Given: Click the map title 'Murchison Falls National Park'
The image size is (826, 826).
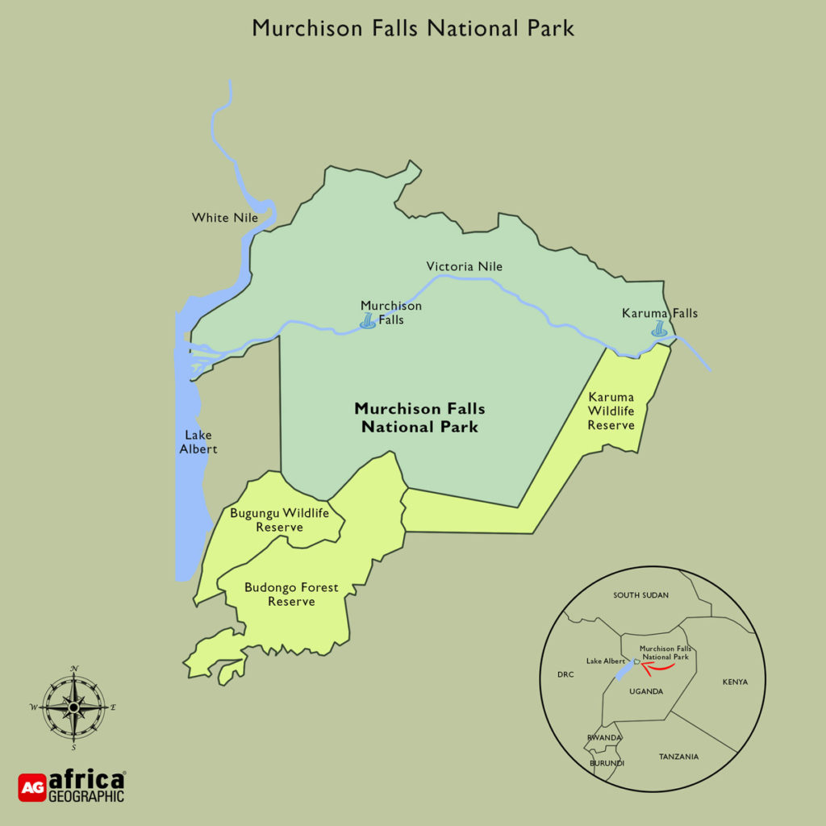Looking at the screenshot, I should tap(413, 27).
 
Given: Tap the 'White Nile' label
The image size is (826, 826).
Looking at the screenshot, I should tap(224, 218).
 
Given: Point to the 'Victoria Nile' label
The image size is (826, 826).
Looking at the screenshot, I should tap(465, 266).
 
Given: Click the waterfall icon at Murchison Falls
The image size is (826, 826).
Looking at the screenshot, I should tap(368, 322).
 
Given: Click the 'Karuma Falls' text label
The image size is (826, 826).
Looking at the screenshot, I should tap(660, 313).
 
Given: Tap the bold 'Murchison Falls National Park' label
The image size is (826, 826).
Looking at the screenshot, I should tap(419, 418).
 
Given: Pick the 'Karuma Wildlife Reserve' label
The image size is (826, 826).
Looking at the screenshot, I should tap(611, 411).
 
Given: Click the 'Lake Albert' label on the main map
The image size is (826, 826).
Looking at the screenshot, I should tap(198, 442).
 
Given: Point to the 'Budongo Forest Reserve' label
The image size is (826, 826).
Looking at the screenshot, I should tap(291, 594).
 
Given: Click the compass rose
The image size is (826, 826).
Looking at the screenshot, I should tap(73, 707).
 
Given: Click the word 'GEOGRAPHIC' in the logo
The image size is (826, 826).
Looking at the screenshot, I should tap(87, 796).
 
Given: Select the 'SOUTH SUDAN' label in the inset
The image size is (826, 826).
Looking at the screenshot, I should tap(640, 595).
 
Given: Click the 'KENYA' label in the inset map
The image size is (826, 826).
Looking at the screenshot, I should tap(735, 682).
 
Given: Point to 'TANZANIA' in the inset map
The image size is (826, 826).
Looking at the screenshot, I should tap(678, 757).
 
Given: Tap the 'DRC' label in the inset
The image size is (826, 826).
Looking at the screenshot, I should tap(565, 674).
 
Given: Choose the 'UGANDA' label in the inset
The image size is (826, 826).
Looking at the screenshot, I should tap(646, 691).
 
